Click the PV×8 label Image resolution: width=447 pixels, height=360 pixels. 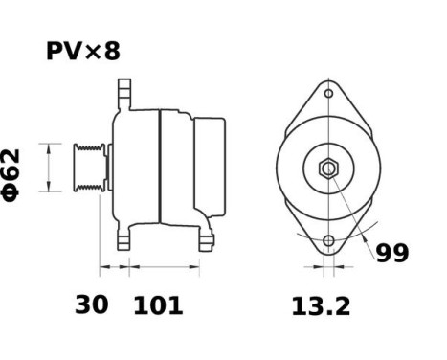tap(83, 52)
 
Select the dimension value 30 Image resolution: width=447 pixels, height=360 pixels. tap(92, 305)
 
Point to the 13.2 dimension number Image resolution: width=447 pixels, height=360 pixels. tap(321, 305)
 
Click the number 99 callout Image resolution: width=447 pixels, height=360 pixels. tap(391, 254)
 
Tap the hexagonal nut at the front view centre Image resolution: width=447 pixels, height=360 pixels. tap(327, 169)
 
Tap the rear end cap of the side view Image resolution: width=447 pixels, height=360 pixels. tap(212, 169)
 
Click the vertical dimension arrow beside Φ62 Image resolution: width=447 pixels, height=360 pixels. tap(45, 169)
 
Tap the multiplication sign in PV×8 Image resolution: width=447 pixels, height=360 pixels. tap(93, 53)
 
